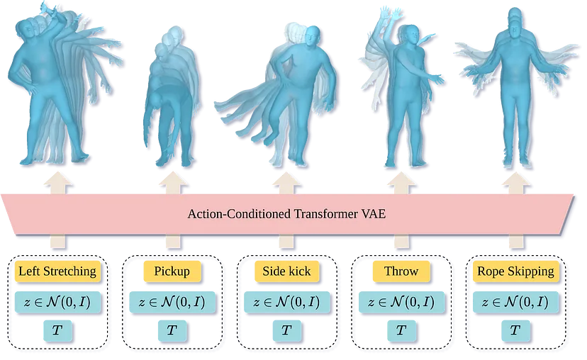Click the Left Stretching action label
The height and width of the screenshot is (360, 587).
[57, 271]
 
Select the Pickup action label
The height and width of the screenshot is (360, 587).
[172, 271]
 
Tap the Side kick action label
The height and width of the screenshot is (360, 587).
[286, 271]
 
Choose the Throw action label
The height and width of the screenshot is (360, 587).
[401, 271]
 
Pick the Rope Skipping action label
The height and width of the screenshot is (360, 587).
[515, 271]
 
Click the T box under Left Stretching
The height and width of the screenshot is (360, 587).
[57, 330]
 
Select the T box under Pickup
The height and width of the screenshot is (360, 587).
[172, 330]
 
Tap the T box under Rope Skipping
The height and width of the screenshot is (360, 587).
[515, 330]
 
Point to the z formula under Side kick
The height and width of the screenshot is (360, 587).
[286, 302]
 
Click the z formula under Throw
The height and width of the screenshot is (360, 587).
[401, 302]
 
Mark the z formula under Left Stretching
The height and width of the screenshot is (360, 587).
[57, 302]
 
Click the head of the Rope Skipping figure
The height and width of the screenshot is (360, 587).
[515, 21]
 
